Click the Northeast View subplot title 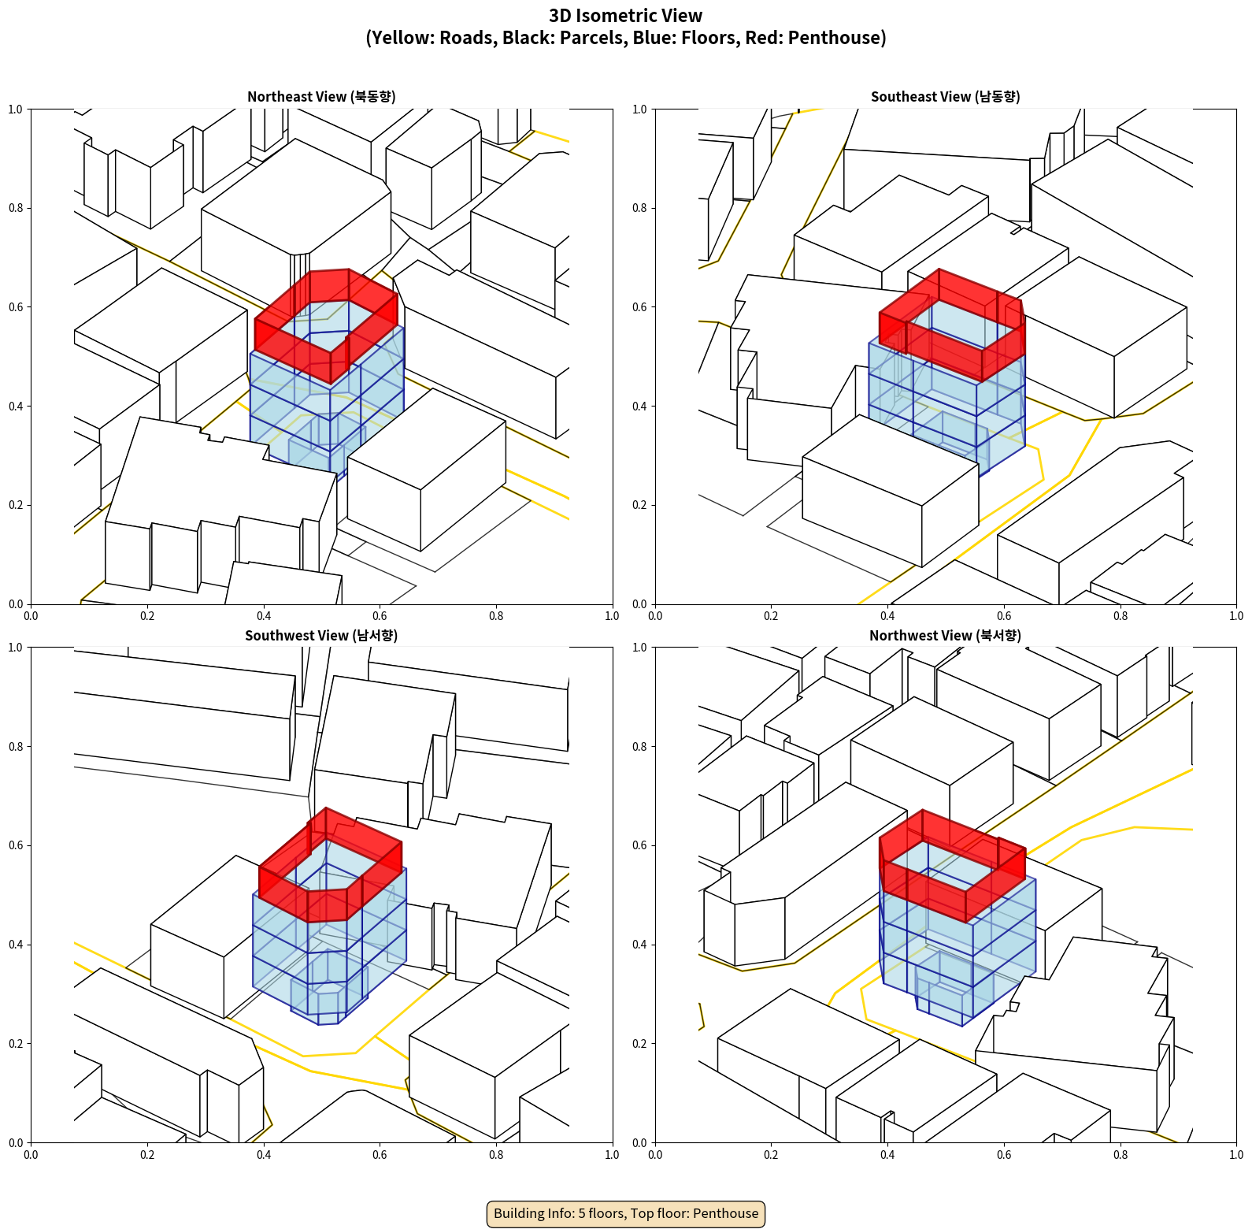321,97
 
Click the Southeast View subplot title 945,97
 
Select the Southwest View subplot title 321,636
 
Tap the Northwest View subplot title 945,636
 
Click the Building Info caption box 626,1213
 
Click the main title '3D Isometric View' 626,16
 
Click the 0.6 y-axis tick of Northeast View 16,307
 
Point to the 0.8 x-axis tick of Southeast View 1121,616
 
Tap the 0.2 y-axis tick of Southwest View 16,1044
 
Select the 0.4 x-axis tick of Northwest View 887,1155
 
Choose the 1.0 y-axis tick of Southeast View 639,110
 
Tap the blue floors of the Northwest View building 957,953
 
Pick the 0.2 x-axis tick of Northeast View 147,616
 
